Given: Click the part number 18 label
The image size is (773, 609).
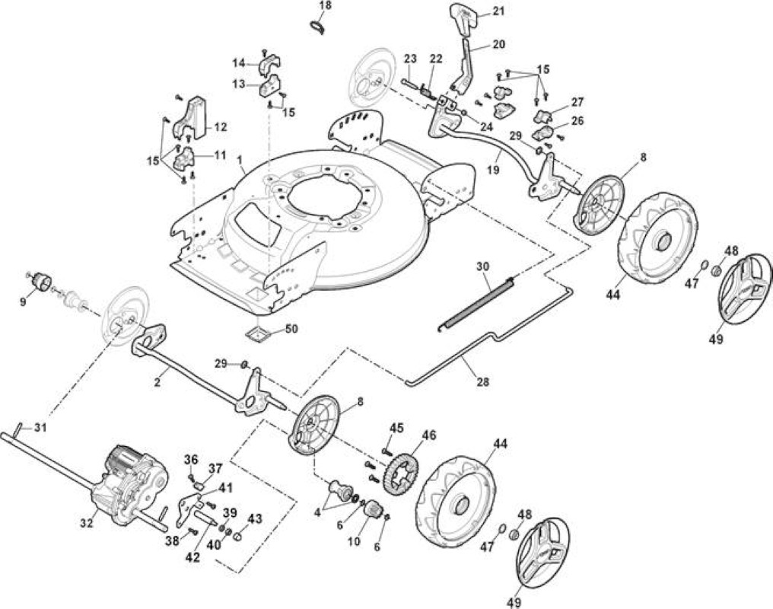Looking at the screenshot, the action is [x=326, y=6].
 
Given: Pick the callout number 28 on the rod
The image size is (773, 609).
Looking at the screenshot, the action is [x=483, y=381].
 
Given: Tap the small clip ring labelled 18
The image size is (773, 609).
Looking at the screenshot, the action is [x=319, y=27].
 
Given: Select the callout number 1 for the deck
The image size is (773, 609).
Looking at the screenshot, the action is [x=240, y=161].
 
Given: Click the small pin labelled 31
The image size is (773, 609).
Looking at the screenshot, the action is [x=21, y=426].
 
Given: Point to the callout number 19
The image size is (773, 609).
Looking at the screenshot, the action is [x=494, y=170].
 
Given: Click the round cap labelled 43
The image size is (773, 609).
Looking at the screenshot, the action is [x=238, y=536].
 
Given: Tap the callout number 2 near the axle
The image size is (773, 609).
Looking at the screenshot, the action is [x=157, y=383].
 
